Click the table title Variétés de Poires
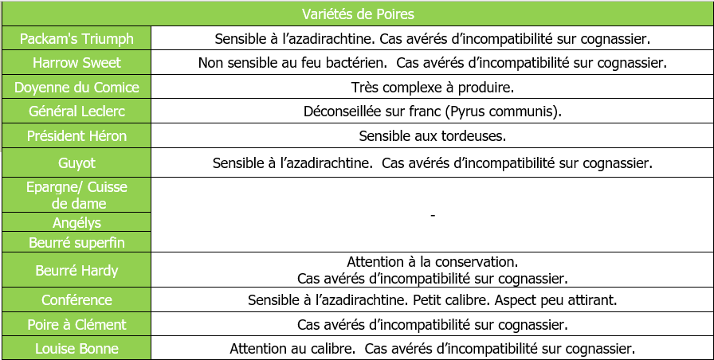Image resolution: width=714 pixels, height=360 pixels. pyautogui.click(x=358, y=14)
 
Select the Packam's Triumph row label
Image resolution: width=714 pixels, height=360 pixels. pyautogui.click(x=76, y=38)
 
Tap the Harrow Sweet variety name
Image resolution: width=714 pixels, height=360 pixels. pyautogui.click(x=76, y=63)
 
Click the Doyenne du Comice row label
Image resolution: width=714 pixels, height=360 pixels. pyautogui.click(x=76, y=88)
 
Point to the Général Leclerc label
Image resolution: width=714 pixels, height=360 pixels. pyautogui.click(x=76, y=112)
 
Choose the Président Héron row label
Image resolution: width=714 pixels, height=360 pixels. pyautogui.click(x=76, y=136)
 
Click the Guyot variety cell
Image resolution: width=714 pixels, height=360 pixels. pyautogui.click(x=76, y=162)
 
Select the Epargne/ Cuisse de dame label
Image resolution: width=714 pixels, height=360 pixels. pyautogui.click(x=76, y=195)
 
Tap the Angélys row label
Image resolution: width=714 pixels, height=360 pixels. pyautogui.click(x=76, y=223)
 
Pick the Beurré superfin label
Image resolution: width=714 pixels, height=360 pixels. pyautogui.click(x=76, y=242)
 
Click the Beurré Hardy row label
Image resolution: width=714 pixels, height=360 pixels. pyautogui.click(x=76, y=271)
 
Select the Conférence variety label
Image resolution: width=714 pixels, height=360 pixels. pyautogui.click(x=76, y=300)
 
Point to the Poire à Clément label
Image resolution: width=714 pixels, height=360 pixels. pyautogui.click(x=76, y=325)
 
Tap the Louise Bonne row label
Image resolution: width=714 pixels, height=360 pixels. pyautogui.click(x=76, y=349)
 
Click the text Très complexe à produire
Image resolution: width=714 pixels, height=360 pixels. pyautogui.click(x=432, y=88)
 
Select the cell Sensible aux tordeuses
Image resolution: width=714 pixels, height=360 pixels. pyautogui.click(x=432, y=136)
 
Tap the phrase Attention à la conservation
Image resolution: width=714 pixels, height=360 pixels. pyautogui.click(x=432, y=261)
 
